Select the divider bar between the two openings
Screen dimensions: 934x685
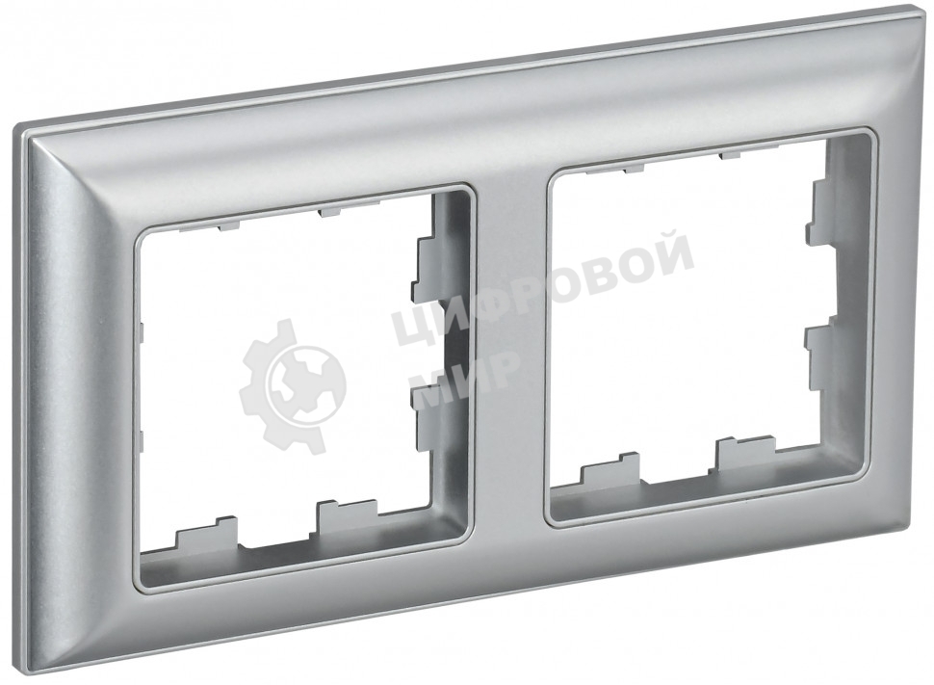tap(510, 346)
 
